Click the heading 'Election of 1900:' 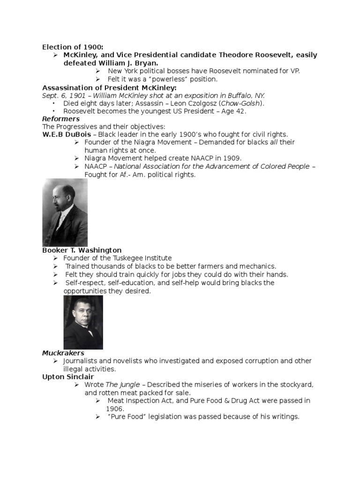tap(73, 47)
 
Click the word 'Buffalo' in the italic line tap(239, 95)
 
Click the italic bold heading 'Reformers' tap(61, 119)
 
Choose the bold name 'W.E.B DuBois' tap(65, 135)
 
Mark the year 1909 tap(232, 158)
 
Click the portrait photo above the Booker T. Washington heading tap(65, 212)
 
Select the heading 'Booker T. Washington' tap(82, 250)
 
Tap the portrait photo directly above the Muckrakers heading tap(83, 322)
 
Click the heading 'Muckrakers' tap(63, 352)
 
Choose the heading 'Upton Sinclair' tap(68, 376)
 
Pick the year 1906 tap(115, 408)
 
